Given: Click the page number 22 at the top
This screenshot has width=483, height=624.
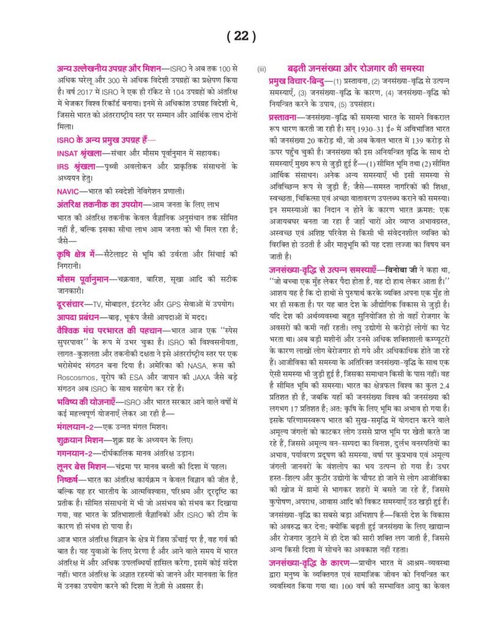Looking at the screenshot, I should pos(241,36).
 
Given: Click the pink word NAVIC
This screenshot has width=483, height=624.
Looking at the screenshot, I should pos(66,190).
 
